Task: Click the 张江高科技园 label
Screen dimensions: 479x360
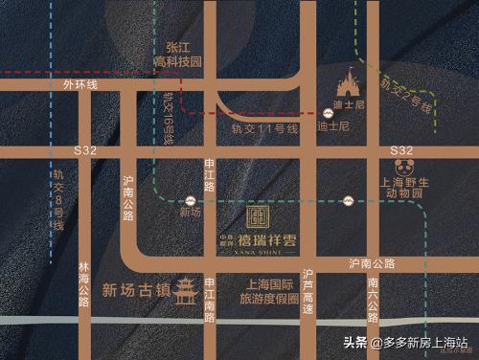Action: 184,54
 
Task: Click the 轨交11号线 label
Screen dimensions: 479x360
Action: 265,128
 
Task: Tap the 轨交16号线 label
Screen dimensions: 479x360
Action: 169,118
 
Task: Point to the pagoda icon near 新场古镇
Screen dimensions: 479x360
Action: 185,290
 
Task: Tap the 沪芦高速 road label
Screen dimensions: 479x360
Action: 308,291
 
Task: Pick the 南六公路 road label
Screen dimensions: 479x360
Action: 373,297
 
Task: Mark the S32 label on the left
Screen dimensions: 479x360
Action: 84,151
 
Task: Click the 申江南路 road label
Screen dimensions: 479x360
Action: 209,311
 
